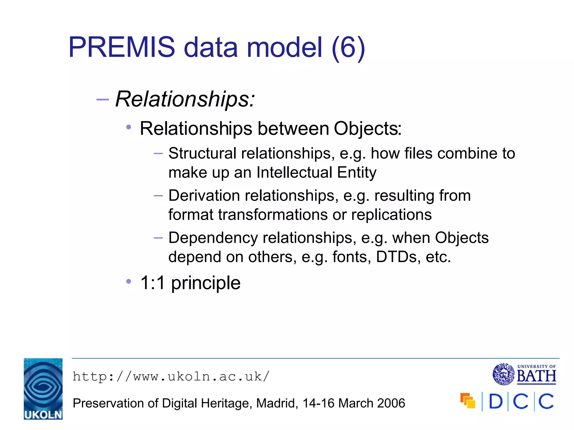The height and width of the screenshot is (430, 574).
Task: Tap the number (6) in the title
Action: [348, 48]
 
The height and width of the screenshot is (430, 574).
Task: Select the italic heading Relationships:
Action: [185, 99]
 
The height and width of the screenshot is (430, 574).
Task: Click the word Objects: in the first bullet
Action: [367, 128]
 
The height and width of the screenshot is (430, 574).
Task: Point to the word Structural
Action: [202, 153]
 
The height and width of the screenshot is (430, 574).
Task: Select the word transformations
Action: [273, 215]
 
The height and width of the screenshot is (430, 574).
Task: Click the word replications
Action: [391, 215]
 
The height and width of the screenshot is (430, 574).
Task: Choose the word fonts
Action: [351, 257]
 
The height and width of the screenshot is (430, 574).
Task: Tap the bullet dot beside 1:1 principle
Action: [129, 281]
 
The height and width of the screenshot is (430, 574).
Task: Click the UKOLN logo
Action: [43, 389]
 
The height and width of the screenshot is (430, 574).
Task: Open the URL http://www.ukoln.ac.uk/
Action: [171, 377]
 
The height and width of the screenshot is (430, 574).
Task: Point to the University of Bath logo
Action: [524, 374]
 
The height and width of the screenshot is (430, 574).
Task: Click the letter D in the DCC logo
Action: [496, 401]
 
